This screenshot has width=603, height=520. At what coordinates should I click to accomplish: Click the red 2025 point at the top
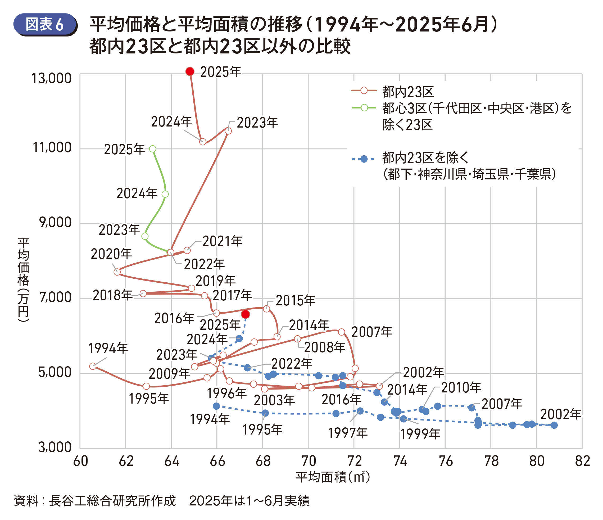tap(190, 71)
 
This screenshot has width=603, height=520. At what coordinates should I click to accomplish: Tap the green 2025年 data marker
tap(152, 149)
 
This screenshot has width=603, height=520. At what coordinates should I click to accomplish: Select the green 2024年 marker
tap(165, 194)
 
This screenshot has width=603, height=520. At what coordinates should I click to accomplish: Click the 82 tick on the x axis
tap(582, 461)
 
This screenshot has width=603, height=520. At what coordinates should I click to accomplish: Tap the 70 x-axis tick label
tap(308, 461)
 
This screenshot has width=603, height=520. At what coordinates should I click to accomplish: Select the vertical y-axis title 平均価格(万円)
tap(23, 279)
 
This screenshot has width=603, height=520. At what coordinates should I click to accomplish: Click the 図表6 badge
tap(45, 24)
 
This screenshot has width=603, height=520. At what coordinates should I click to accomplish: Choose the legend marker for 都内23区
tap(364, 91)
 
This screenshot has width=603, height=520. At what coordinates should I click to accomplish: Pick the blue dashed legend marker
tap(364, 159)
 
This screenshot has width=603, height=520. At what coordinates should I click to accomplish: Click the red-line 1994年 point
tap(93, 366)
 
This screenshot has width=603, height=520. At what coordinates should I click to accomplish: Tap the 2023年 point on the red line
tap(228, 131)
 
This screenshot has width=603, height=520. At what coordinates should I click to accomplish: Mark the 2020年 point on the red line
tap(117, 272)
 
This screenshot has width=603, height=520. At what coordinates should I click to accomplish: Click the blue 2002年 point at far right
tap(554, 425)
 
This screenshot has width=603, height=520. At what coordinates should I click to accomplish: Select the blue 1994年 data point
tap(216, 406)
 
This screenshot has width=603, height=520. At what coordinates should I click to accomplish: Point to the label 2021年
tap(222, 241)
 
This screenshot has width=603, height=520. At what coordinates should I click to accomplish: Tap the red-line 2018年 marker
tap(143, 293)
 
